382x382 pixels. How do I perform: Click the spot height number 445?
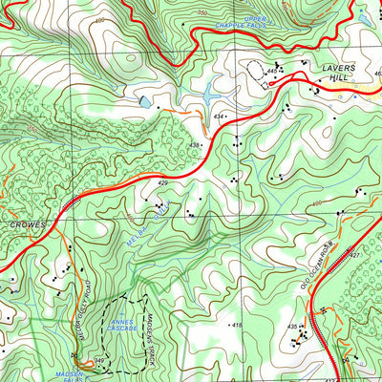[272, 72]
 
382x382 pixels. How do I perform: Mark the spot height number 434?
[218, 117]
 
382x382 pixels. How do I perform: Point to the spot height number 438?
[195, 145]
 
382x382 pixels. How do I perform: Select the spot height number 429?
[162, 182]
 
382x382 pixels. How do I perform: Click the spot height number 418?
[237, 326]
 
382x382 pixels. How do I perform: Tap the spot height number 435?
[292, 328]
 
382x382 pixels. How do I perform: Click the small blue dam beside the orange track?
[143, 100]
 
